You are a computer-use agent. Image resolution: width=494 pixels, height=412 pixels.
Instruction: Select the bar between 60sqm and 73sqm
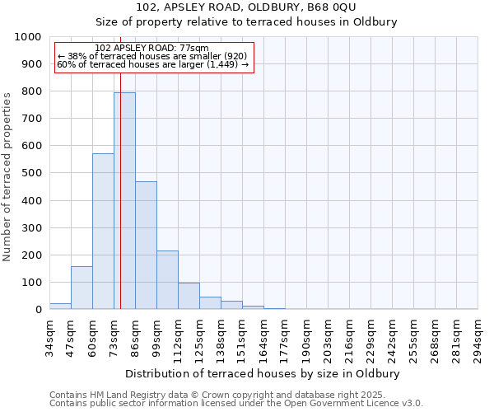click(103, 232)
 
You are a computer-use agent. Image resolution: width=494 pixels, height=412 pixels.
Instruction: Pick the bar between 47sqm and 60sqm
click(82, 288)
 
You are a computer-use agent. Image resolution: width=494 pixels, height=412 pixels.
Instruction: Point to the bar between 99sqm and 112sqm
click(167, 280)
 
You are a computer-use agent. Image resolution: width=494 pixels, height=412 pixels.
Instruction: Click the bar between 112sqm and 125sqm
click(189, 296)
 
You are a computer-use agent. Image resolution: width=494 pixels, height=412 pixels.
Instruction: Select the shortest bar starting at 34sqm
click(60, 306)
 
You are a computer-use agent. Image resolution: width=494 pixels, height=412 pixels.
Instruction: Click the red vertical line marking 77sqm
click(120, 165)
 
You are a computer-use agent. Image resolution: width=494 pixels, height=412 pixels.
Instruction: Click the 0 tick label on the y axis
click(38, 310)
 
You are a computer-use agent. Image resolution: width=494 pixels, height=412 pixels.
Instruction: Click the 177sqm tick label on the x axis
click(285, 339)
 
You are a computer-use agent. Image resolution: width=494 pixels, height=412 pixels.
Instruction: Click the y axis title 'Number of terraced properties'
click(7, 176)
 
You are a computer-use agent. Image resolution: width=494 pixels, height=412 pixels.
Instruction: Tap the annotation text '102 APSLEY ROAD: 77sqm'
click(151, 49)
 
